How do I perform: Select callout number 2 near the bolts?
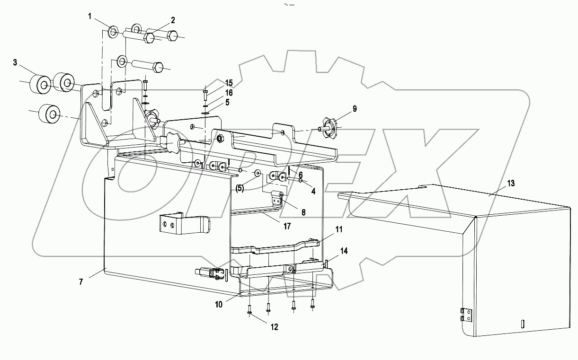point(173,20)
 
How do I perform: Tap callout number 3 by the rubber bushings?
point(15,63)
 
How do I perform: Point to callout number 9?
point(355,109)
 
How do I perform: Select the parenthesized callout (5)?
point(240,188)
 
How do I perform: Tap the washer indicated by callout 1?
point(114,32)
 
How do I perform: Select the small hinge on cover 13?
point(467,315)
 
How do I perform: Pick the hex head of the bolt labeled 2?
point(149,37)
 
